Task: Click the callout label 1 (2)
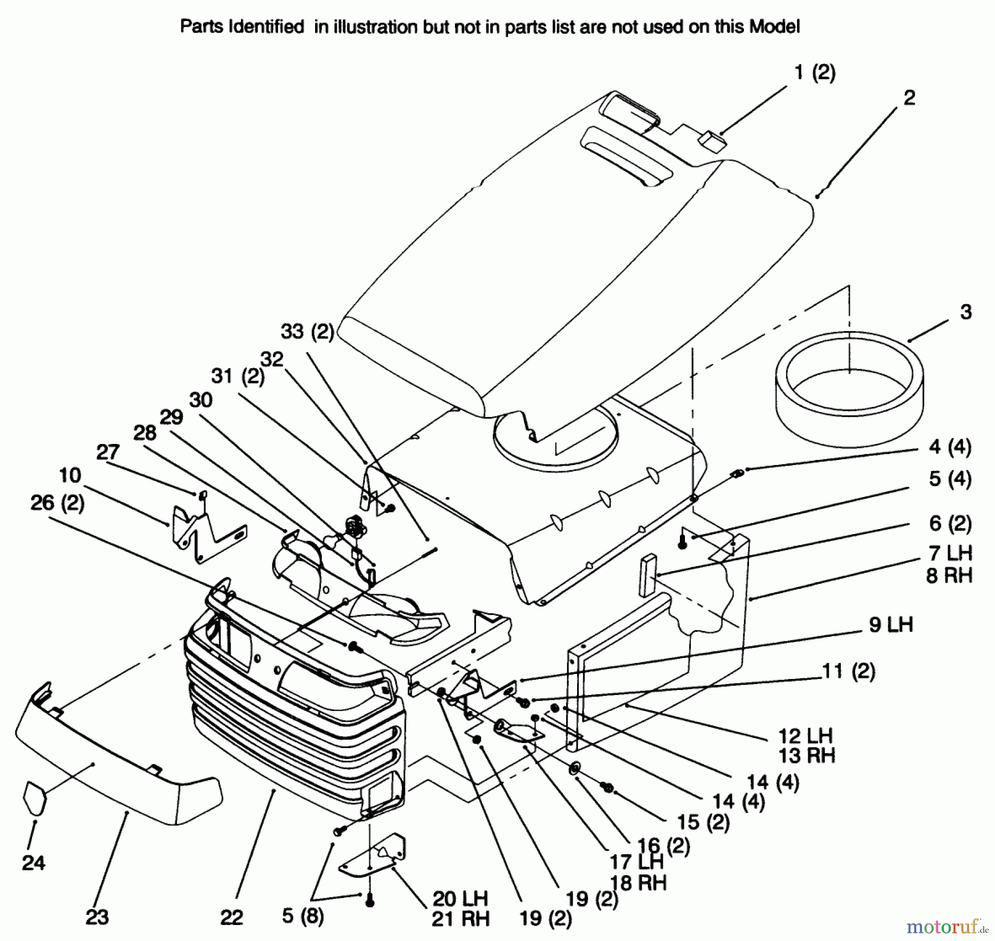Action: tap(815, 73)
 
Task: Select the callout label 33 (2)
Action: tap(307, 332)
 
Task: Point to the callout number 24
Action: tap(34, 862)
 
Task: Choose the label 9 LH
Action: tap(891, 625)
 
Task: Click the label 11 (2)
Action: tap(849, 672)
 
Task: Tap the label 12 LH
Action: tap(805, 736)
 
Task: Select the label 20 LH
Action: tap(460, 898)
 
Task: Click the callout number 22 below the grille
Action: tap(232, 918)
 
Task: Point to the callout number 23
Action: tap(97, 917)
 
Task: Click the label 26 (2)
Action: tap(57, 503)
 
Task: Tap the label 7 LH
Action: tap(950, 553)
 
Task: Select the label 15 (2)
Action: tap(703, 822)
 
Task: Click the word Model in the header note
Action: tap(774, 27)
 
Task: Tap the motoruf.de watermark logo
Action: tap(947, 924)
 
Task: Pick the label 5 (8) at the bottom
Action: tap(302, 916)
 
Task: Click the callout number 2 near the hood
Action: tap(909, 98)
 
